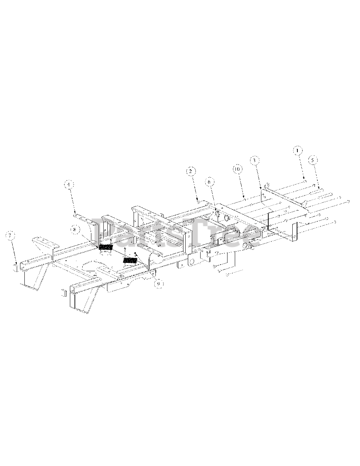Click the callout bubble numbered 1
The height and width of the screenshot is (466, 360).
click(297, 150)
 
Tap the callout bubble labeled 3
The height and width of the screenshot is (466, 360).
click(254, 160)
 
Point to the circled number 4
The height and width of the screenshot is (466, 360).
click(68, 185)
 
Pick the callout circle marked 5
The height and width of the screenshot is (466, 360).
click(312, 159)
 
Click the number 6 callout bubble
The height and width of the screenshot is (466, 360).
click(210, 181)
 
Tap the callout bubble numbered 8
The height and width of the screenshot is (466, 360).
click(75, 230)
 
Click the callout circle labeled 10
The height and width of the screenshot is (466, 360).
click(237, 169)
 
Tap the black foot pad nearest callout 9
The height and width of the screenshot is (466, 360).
click(130, 260)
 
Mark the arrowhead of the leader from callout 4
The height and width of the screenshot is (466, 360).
click(76, 213)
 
